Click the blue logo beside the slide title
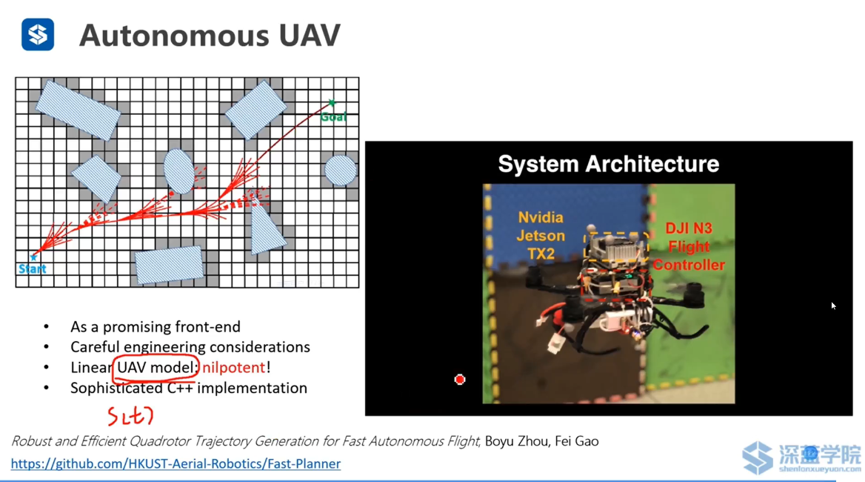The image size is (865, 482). [x=38, y=34]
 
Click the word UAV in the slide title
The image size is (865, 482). [x=310, y=36]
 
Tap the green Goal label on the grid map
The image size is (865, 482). [x=334, y=116]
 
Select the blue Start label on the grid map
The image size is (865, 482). [x=33, y=269]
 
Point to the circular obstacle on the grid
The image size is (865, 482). [x=341, y=170]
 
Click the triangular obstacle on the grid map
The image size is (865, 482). [x=265, y=229]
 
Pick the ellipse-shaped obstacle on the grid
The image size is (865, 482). [x=179, y=171]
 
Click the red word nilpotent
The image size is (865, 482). [x=234, y=367]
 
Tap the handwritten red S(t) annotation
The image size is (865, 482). [x=130, y=416]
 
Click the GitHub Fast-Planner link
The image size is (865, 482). [x=176, y=463]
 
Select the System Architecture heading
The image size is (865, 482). [x=609, y=164]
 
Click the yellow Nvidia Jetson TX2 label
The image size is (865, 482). [x=541, y=236]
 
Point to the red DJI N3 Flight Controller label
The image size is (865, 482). [x=689, y=247]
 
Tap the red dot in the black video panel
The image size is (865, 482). [x=459, y=380]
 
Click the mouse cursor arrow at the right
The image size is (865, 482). [x=834, y=306]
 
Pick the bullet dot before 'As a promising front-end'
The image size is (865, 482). [x=47, y=327]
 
